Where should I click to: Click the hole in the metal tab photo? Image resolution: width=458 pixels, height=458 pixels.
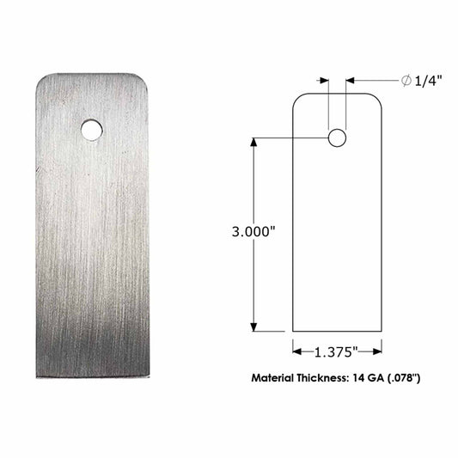tap(91, 130)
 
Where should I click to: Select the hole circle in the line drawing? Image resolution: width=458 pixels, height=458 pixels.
tap(337, 137)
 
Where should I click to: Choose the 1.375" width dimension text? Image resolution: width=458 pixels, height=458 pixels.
tap(336, 351)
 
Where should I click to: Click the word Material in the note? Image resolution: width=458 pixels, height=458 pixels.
tap(278, 378)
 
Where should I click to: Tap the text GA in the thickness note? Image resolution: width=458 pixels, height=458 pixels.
tap(385, 378)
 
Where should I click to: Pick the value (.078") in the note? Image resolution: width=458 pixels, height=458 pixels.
tap(415, 378)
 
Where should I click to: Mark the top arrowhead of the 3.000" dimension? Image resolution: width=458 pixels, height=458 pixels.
tap(254, 142)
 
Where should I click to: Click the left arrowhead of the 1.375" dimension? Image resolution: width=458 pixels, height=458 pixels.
tap(297, 351)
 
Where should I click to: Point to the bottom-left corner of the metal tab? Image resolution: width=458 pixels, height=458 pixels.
tap(38, 379)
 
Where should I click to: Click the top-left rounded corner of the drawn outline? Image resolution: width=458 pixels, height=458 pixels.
tap(296, 97)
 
